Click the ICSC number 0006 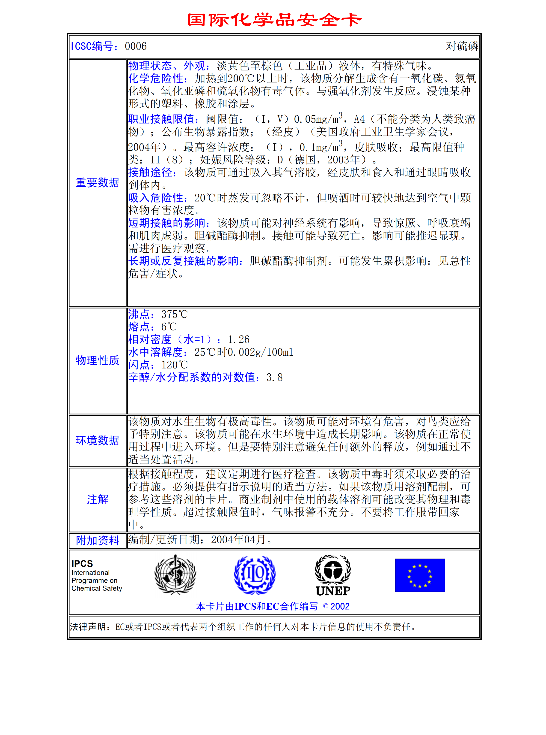tap(136, 46)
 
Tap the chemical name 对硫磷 tap(462, 46)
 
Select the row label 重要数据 tap(98, 183)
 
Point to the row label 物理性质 tap(98, 360)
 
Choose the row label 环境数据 tap(98, 441)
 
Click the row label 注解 tap(98, 499)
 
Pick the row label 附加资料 tap(98, 540)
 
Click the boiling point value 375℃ tap(174, 314)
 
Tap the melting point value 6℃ tap(169, 327)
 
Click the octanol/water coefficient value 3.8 tap(274, 378)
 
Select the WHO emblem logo tap(175, 575)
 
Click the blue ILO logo tap(255, 575)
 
